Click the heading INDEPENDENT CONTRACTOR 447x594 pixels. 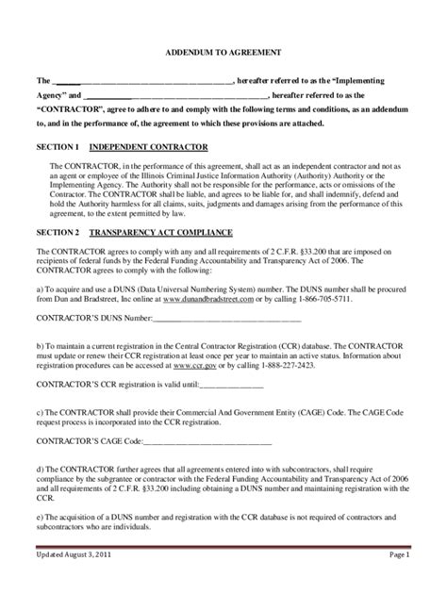click(155, 147)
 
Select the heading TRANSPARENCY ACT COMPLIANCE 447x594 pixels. click(168, 232)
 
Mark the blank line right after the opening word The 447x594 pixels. click(141, 82)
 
